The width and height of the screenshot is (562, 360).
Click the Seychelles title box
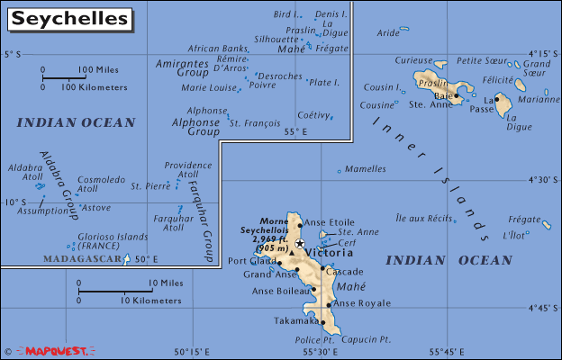pos(67,18)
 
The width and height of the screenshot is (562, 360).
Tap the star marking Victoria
pos(300,244)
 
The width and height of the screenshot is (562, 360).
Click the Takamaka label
pos(296,320)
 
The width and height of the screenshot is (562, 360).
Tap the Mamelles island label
pos(366,168)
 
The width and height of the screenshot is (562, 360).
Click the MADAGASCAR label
pos(82,259)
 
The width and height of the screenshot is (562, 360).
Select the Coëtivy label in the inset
pos(314,114)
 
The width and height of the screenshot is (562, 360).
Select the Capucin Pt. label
pos(367,339)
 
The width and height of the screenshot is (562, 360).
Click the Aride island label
pos(387,33)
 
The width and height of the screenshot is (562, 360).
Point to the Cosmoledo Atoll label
pos(102,184)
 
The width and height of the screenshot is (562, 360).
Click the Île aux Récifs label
pos(423,219)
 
